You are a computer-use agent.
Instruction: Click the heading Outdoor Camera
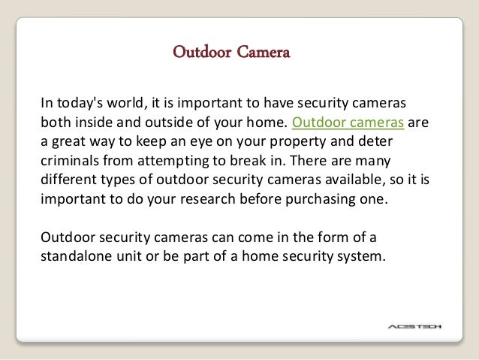coord(231,53)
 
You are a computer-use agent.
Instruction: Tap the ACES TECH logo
coord(416,326)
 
